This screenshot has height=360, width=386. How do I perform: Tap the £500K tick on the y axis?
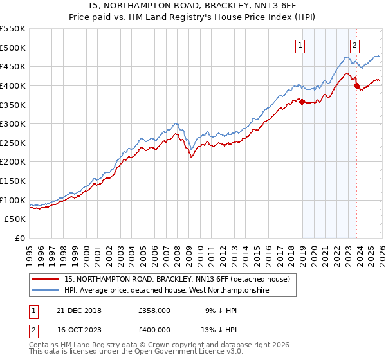(12, 48)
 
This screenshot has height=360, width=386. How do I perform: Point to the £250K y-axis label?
(12, 143)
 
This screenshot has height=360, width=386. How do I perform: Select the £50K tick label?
(15, 219)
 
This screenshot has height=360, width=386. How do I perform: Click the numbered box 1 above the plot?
(300, 45)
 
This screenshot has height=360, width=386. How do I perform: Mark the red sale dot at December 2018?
(302, 101)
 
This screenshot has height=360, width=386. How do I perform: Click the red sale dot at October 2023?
(357, 85)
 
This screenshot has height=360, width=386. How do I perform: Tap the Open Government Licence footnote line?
(136, 352)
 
